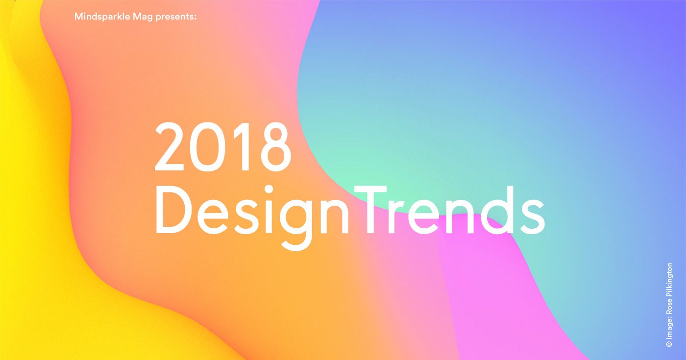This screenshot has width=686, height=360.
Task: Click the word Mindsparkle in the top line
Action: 102,16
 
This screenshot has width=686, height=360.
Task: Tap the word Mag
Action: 143,17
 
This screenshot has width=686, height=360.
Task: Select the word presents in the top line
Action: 174,17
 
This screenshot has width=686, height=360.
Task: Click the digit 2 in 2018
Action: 170,146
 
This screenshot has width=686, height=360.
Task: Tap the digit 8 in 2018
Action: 275,146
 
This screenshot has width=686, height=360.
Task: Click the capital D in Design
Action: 173,210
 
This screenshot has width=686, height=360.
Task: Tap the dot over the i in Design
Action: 269,190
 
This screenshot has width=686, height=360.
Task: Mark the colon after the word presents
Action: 195,17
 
